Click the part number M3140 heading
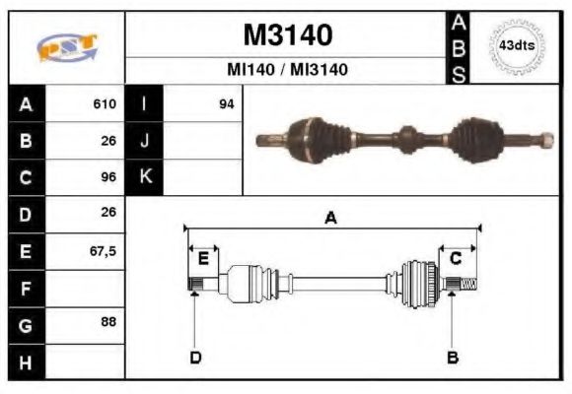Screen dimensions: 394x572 287,34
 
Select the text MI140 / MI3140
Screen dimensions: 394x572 287,70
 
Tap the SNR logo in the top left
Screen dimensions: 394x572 66,47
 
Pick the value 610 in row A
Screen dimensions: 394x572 105,103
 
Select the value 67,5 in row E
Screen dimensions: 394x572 103,251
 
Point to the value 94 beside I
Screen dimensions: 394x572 226,103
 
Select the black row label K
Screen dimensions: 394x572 144,176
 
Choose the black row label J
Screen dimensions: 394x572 144,140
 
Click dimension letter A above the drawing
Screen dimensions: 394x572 331,218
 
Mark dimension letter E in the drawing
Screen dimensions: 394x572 202,258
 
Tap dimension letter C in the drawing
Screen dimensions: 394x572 456,258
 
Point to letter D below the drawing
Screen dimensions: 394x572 195,357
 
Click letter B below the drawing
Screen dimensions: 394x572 453,357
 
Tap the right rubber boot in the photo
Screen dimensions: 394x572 477,139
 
